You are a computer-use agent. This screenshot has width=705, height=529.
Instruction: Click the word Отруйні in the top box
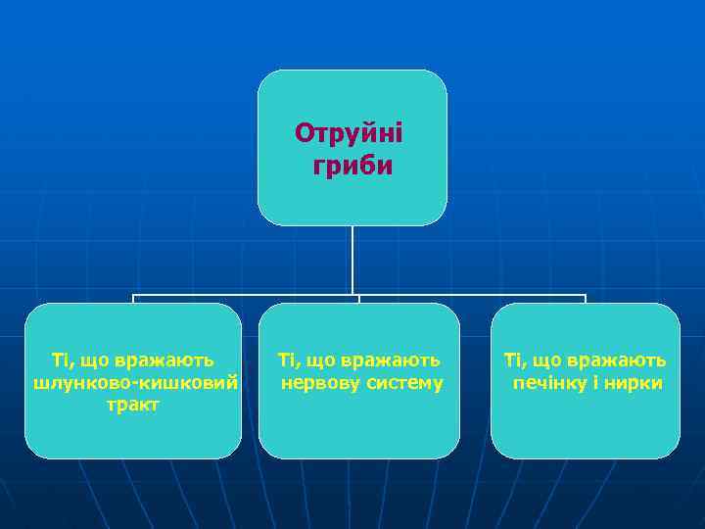[x=349, y=132]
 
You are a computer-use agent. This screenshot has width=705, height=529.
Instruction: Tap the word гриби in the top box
[x=352, y=167]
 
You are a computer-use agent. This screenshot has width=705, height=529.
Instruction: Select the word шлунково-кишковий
[x=135, y=382]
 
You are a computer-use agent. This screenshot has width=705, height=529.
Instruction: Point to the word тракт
[x=134, y=404]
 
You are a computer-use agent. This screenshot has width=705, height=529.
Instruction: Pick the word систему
[x=402, y=382]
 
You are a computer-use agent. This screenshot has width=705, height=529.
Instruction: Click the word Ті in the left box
[x=61, y=360]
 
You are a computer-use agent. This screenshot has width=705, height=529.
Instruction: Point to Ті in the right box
[x=513, y=360]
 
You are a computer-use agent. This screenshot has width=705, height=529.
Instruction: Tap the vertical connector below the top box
[x=353, y=260]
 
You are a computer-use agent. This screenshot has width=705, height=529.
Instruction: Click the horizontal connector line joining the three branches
[x=245, y=295]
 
